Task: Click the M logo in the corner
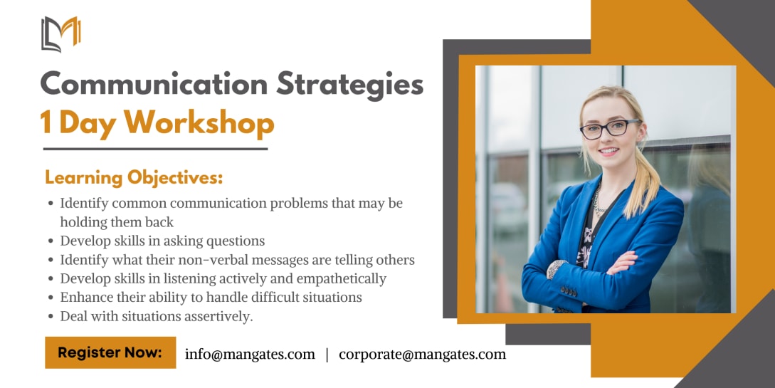tap(60, 34)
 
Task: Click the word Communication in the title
tap(154, 83)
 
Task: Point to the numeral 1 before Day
tap(46, 122)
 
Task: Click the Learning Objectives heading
tap(134, 177)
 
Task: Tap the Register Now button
tap(110, 352)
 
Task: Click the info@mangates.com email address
tap(250, 354)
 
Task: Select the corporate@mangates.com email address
tap(423, 354)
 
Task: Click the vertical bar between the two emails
tap(327, 355)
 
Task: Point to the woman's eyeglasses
tap(610, 129)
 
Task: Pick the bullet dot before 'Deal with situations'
tap(51, 317)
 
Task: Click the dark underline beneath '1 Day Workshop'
tap(155, 148)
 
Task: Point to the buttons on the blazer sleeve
tap(569, 292)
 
